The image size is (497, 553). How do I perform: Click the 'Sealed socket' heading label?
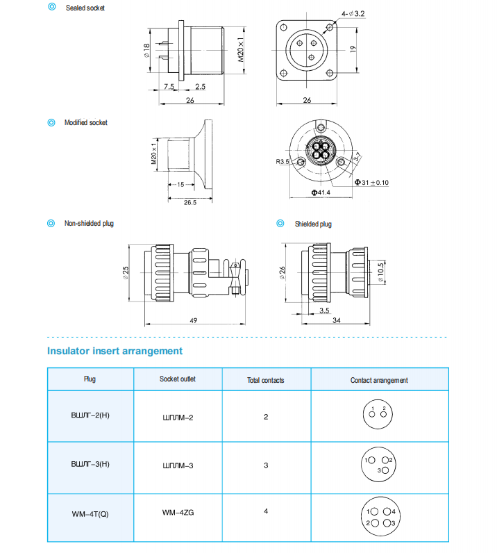pos(85,8)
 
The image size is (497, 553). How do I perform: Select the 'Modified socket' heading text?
pos(86,123)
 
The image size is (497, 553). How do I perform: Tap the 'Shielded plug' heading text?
pos(313,224)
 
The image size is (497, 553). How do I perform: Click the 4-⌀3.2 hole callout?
pos(353,13)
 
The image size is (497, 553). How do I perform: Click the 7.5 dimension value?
pos(169,87)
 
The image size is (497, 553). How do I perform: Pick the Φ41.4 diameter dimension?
pos(320,192)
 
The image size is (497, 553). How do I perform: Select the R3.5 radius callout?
pos(282,161)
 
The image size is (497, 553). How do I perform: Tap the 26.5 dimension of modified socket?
pos(189,203)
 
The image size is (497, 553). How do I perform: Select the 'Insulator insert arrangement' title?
pos(115,351)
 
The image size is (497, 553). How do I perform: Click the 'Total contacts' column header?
pos(265,380)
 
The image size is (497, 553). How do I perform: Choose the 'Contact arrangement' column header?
pos(379,380)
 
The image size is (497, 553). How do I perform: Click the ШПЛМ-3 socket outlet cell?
pos(177,465)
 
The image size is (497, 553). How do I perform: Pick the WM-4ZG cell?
pos(178,513)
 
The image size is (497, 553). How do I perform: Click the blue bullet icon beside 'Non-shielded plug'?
pos(51,224)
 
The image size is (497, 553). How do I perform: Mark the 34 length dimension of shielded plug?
pos(335,320)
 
